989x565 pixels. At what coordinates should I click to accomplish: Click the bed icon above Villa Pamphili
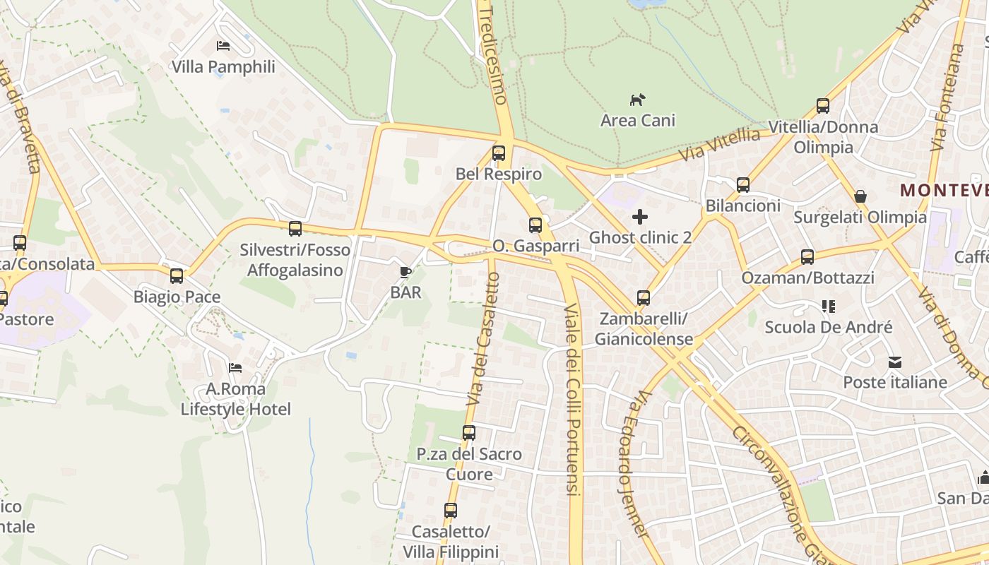coord(223,46)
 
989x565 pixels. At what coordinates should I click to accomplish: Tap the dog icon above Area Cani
coord(638,100)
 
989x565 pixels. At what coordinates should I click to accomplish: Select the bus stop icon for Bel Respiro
coord(499,153)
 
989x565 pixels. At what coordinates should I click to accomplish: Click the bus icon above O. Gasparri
coord(535,225)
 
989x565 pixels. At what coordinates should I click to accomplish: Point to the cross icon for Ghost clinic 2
coord(640,217)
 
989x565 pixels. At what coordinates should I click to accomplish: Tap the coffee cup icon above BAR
coord(405,272)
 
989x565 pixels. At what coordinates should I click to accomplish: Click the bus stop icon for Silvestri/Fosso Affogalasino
coord(295,229)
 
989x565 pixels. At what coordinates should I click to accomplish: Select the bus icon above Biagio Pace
coord(177,276)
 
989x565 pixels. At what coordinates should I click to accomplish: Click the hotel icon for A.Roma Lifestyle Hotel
coord(235,368)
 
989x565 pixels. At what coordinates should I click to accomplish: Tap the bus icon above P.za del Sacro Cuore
coord(469,433)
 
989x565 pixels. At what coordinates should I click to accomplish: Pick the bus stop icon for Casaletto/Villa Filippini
coord(451,511)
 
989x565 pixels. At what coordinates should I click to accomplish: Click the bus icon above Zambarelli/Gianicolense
coord(643,298)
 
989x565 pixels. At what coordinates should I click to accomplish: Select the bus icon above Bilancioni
coord(743,185)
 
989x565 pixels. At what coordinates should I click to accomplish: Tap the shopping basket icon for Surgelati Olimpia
coord(860,196)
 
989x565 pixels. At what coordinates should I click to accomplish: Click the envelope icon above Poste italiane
coord(895,362)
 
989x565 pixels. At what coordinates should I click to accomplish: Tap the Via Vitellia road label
coord(719,144)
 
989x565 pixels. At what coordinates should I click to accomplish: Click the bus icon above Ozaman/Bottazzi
coord(807,257)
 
